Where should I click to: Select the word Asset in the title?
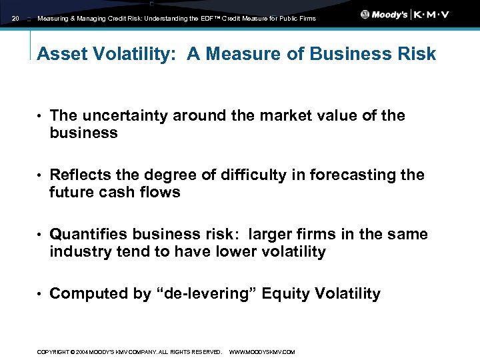point(58,55)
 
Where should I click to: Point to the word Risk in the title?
point(415,55)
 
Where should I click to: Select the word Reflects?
point(79,175)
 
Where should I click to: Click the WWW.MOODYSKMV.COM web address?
point(262,352)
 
